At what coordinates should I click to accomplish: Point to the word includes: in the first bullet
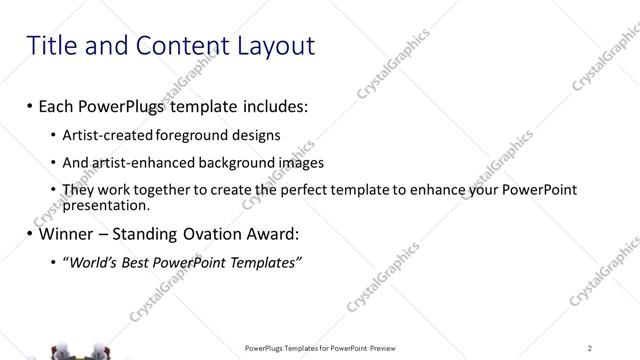pos(264,105)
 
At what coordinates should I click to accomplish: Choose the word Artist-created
pos(107,134)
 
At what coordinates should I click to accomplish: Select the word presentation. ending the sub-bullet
pos(105,205)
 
